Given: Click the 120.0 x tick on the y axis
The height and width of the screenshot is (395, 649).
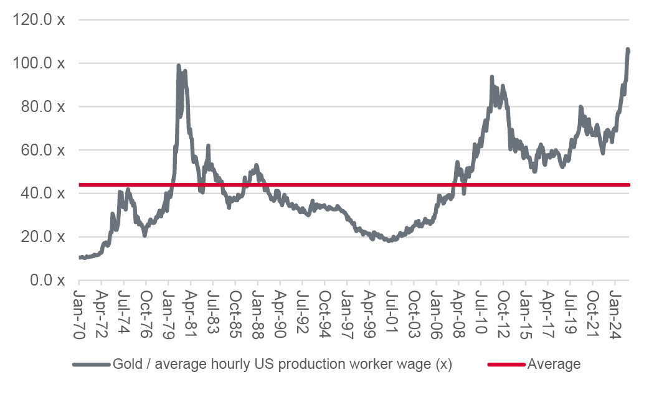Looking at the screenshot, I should [x=38, y=20].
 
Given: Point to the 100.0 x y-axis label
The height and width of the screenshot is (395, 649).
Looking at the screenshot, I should [x=38, y=63].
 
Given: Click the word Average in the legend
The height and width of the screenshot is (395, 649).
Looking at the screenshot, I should [x=554, y=365].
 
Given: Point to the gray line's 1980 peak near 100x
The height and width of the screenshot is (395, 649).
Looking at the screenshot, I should [x=179, y=65].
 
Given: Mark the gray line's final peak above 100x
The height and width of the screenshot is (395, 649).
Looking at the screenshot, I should [x=628, y=49].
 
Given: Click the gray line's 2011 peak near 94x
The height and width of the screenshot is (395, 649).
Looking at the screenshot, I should [x=492, y=77].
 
